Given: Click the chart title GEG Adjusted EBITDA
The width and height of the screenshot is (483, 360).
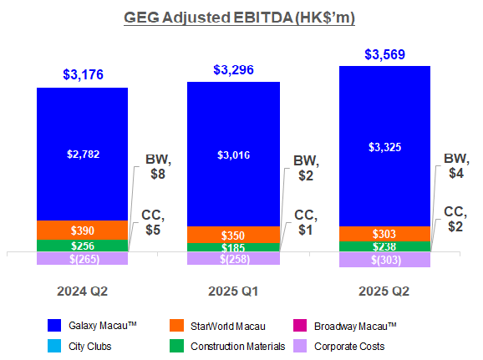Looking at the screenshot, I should click(241, 18).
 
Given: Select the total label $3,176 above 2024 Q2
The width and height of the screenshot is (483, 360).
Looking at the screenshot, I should click(82, 74).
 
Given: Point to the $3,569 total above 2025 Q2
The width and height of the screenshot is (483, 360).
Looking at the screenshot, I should click(384, 54).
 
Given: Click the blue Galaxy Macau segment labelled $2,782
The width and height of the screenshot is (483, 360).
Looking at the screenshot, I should click(82, 153).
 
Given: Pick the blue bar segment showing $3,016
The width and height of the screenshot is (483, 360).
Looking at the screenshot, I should click(232, 154).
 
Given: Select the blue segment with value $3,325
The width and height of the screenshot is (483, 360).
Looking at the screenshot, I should click(384, 146).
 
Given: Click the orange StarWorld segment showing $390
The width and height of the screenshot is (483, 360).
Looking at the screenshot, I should click(82, 230).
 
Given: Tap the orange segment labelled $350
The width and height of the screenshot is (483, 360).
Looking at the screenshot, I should click(232, 235).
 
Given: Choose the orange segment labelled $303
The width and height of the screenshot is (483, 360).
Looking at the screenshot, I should click(384, 235).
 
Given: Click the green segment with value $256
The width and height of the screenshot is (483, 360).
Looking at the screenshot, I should click(82, 246).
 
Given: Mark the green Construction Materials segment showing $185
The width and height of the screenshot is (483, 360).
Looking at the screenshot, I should click(232, 248).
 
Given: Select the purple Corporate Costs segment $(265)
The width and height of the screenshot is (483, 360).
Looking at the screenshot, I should click(82, 259).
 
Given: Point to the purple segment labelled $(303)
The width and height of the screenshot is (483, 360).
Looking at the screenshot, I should click(384, 260).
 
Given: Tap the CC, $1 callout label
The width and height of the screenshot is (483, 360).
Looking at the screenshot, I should click(307, 223).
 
